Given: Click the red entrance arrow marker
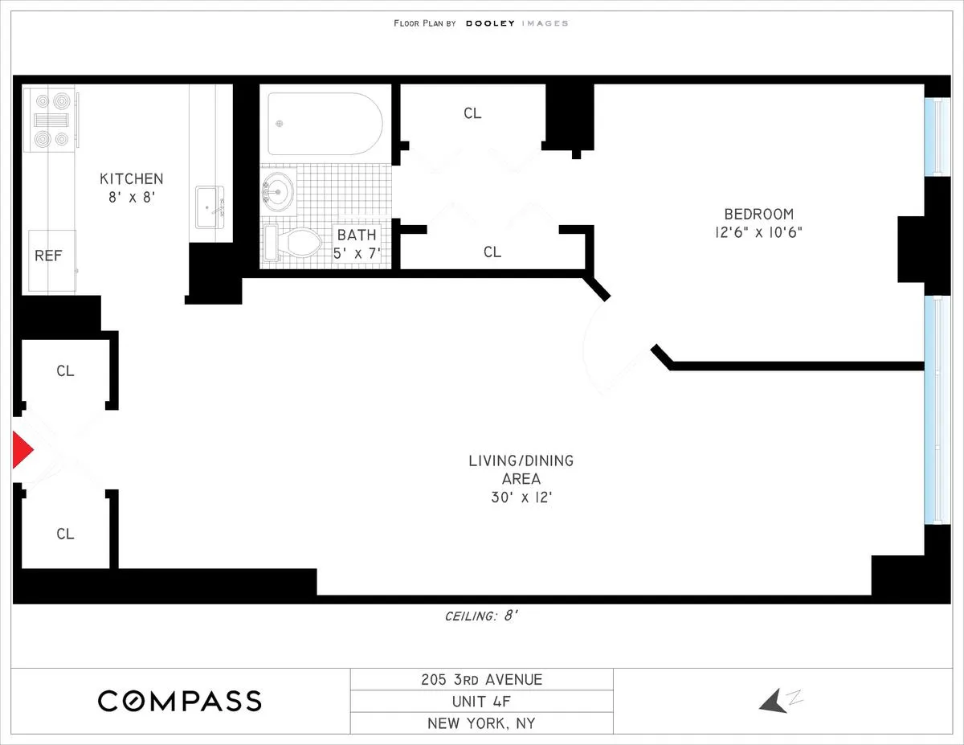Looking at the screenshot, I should (x=22, y=450).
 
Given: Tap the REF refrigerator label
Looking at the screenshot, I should (x=48, y=256).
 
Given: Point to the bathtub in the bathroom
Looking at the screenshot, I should (x=325, y=124).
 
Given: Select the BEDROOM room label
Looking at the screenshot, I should (x=758, y=214).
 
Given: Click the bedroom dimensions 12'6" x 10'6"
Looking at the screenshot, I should (x=758, y=232).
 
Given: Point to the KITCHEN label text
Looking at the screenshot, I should (x=131, y=178).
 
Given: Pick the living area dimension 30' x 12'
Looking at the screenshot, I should (x=521, y=497).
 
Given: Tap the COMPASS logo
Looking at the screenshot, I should (x=180, y=701).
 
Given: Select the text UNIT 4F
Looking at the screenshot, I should (x=481, y=701).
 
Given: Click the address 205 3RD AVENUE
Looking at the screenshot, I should (x=481, y=680).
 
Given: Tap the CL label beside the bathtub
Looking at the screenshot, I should (x=472, y=113).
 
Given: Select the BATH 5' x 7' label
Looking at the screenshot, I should (x=356, y=244).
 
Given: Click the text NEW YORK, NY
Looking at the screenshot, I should (x=481, y=723).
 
